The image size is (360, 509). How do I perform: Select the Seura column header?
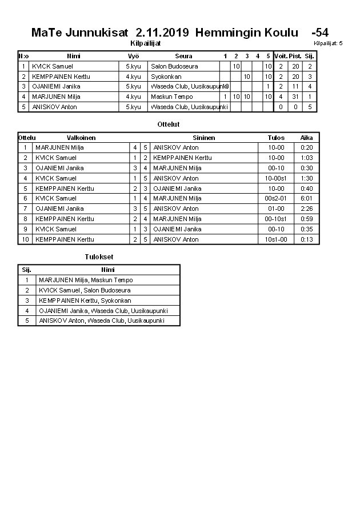(x=183, y=56)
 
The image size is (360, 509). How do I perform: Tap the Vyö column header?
(x=133, y=56)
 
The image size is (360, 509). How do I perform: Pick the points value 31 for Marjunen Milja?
(x=295, y=97)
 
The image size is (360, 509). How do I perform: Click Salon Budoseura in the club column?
(x=174, y=66)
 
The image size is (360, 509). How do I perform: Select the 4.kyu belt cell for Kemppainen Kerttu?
(x=133, y=77)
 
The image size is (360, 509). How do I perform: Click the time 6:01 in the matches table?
(x=307, y=198)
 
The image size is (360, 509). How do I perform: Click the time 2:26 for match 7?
(x=307, y=209)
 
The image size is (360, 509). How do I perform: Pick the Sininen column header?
(x=204, y=138)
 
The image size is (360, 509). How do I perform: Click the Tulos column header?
(x=276, y=138)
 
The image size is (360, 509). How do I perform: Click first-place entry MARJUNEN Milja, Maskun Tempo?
(x=86, y=280)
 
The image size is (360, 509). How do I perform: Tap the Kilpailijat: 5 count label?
(x=328, y=43)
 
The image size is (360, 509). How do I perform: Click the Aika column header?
(x=307, y=138)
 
